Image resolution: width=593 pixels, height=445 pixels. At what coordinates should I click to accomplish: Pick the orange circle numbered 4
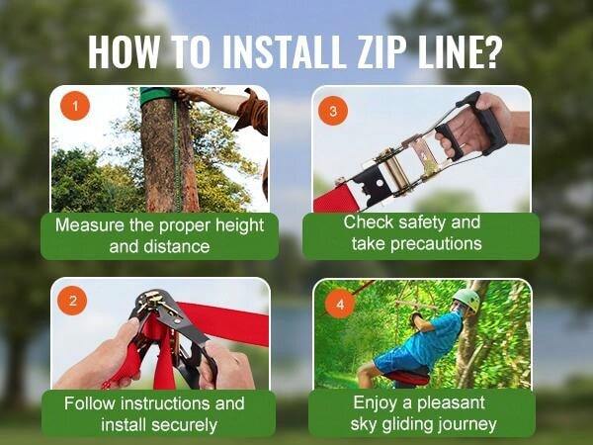click(339, 304)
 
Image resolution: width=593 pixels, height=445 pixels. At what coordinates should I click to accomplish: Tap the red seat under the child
click(405, 377)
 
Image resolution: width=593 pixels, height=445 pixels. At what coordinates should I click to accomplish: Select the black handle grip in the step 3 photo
click(486, 123)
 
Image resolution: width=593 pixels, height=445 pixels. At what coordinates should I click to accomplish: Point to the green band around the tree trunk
click(156, 95)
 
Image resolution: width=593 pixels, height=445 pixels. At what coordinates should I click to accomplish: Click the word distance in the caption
click(179, 246)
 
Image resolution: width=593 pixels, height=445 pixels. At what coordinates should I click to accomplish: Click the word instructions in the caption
click(163, 403)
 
